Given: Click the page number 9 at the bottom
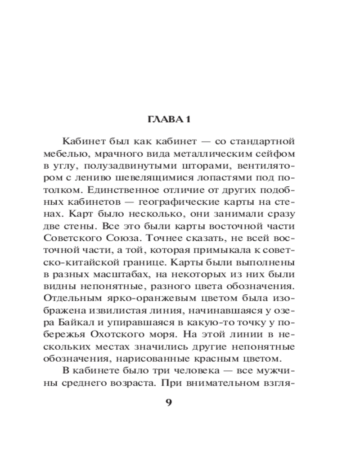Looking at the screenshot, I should point(169,402).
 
